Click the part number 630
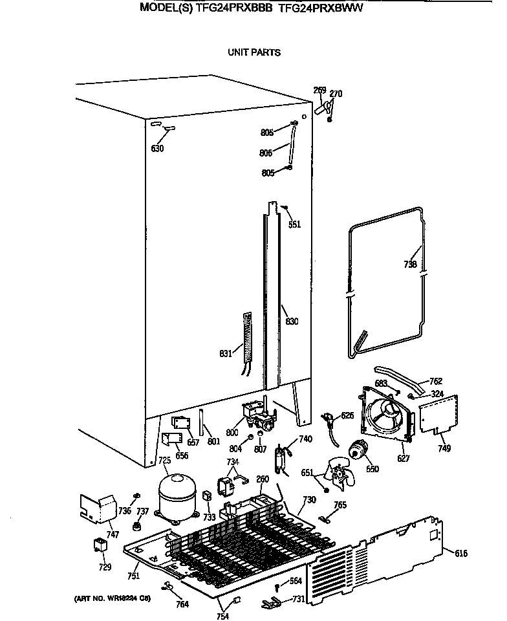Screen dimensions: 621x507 click(157, 149)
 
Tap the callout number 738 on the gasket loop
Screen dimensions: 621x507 click(410, 264)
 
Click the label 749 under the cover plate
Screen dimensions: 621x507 click(444, 448)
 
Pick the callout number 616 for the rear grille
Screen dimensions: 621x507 click(460, 553)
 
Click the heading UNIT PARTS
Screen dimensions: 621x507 click(253, 52)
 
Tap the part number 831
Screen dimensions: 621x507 click(226, 353)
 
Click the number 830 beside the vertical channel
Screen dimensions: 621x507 click(292, 321)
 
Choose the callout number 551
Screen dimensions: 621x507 click(294, 225)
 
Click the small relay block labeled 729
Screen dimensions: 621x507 click(100, 545)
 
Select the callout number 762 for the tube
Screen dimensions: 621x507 click(437, 381)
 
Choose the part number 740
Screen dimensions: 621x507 click(305, 439)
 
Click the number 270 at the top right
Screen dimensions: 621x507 click(336, 94)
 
